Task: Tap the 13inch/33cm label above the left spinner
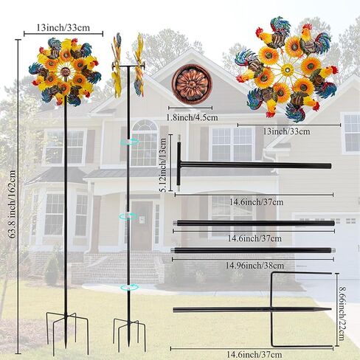coord(63,27)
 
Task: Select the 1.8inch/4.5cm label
coord(192,117)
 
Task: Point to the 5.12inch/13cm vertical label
coord(164,165)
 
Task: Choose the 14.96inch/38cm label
coord(255,266)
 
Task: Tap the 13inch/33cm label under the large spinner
coord(286,131)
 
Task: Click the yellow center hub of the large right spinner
coord(287,70)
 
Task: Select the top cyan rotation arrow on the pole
coord(129,142)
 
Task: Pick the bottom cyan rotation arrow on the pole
coord(129,287)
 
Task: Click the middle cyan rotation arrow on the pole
coord(128,216)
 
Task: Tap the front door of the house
coord(142,226)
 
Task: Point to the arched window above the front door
coord(144,142)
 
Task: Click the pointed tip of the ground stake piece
coord(331,309)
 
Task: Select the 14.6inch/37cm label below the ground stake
coord(254,355)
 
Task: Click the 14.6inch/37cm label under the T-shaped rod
coord(257,202)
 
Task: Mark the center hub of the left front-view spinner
coord(65,72)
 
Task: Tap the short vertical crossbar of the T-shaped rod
coord(179,162)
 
